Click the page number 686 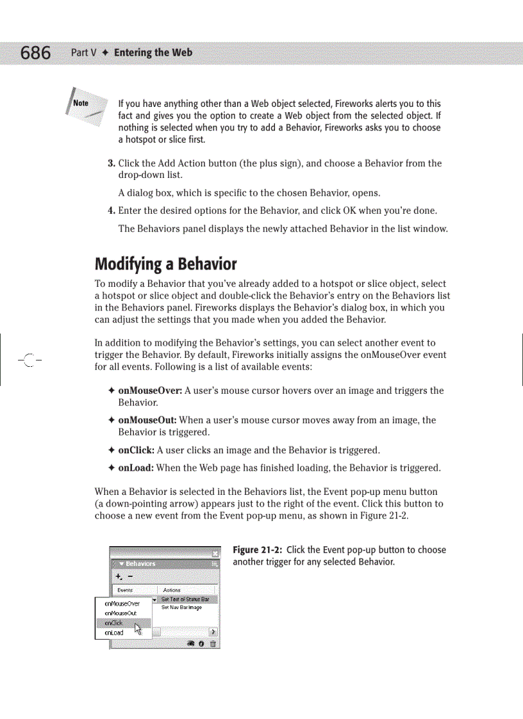click(35, 53)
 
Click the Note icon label click(81, 103)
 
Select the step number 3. click(111, 163)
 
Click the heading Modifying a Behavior click(165, 264)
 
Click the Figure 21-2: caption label click(257, 550)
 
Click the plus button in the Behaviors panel click(119, 576)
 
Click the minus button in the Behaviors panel click(130, 576)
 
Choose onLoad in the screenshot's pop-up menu click(114, 633)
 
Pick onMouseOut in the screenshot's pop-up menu click(120, 613)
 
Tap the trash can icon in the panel click(213, 643)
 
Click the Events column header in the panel click(125, 590)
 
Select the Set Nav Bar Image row click(181, 607)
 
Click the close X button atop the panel click(216, 553)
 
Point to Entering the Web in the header click(153, 53)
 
